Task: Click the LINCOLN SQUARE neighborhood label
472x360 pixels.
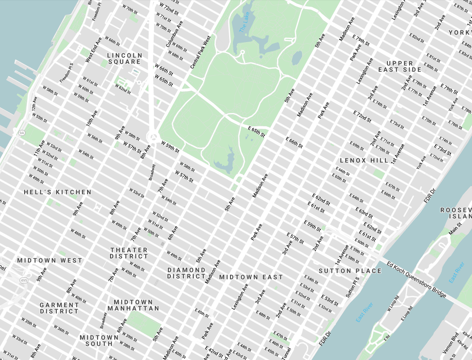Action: (125, 58)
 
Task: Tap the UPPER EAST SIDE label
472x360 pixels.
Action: (400, 66)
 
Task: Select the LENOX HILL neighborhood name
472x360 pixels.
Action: (364, 160)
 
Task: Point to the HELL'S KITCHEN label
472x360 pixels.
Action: (57, 192)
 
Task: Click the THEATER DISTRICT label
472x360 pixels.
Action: (129, 253)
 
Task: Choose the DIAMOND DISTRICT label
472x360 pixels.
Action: (186, 273)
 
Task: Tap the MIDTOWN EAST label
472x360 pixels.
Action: (251, 277)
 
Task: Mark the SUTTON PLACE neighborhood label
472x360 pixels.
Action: (350, 271)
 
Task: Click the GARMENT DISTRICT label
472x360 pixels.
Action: (59, 308)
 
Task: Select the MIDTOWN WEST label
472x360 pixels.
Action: (50, 260)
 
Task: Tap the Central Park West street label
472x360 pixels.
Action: (201, 52)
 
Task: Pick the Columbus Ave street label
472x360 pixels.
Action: (175, 34)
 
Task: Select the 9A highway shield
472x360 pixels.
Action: (22, 133)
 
